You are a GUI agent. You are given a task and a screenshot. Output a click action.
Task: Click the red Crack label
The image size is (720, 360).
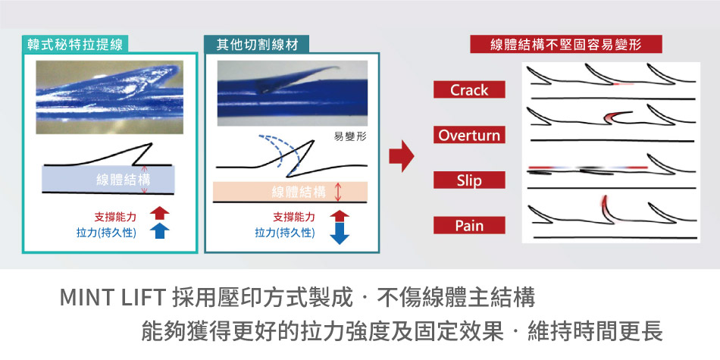(469, 89)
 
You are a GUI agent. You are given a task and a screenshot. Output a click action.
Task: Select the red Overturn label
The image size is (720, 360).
(469, 135)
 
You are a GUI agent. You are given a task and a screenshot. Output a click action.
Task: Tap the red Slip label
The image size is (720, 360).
(469, 180)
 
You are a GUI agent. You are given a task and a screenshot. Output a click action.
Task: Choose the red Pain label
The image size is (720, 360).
(469, 225)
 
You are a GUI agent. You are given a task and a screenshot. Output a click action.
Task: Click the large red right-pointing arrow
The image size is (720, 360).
(402, 156)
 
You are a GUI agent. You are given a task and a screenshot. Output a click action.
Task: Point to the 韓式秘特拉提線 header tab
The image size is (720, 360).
(75, 45)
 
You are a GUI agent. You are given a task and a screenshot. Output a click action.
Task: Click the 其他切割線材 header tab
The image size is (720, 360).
(257, 45)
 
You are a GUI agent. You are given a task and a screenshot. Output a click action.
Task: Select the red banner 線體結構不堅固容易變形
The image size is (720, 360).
(565, 45)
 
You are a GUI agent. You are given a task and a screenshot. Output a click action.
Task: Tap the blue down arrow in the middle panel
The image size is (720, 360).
(340, 233)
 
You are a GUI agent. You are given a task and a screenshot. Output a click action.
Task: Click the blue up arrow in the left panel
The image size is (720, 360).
(159, 230)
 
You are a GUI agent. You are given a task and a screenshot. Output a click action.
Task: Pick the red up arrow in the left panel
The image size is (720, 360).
(159, 213)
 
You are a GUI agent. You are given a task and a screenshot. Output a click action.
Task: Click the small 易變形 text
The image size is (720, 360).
(350, 136)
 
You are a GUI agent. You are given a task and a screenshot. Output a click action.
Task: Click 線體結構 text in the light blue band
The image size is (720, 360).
(123, 180)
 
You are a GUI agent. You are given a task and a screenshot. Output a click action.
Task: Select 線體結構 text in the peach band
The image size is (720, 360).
(299, 192)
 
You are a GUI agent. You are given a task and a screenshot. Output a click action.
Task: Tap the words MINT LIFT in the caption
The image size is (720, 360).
(112, 298)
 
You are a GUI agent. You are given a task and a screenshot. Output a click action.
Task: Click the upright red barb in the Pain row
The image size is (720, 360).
(606, 209)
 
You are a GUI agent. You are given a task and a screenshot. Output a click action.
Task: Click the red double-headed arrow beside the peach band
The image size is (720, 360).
(339, 192)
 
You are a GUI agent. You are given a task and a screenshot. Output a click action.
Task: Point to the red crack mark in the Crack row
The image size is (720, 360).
(624, 84)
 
